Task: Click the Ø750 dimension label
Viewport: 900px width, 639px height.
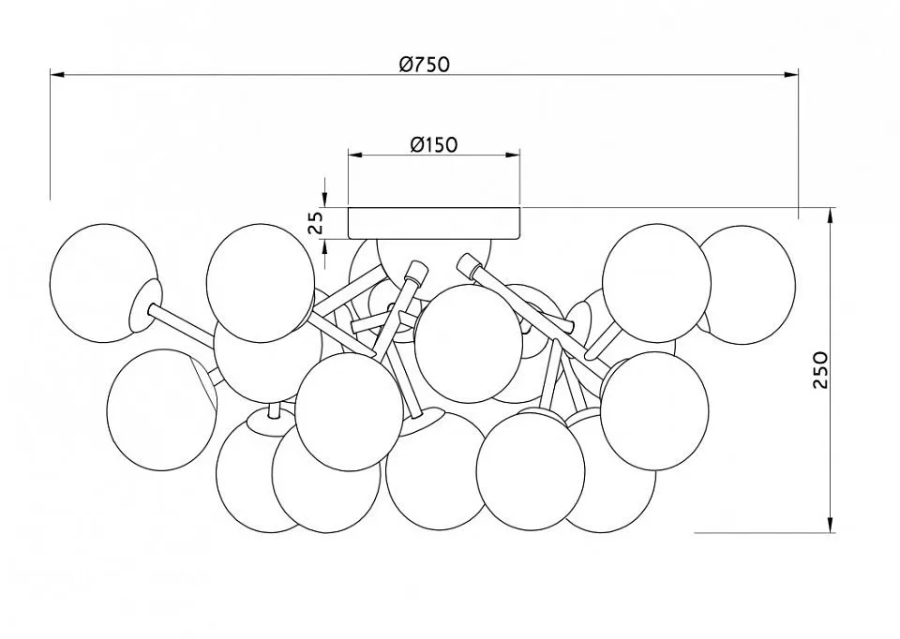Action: [x=425, y=64]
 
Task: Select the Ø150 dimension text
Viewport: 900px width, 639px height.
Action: [x=434, y=144]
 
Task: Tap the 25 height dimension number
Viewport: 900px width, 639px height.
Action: [x=315, y=223]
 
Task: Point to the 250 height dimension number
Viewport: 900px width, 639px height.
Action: [x=821, y=370]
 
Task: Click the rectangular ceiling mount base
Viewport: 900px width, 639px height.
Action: [x=434, y=223]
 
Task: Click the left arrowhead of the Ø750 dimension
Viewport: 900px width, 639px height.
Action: [x=57, y=75]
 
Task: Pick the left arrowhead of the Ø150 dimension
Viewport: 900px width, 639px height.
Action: [x=356, y=155]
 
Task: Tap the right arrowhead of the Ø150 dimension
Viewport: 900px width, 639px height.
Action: [x=513, y=155]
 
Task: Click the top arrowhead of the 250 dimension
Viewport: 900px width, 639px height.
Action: [x=831, y=215]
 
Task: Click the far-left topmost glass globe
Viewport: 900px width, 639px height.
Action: [x=103, y=283]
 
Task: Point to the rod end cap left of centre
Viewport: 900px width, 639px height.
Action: [x=416, y=271]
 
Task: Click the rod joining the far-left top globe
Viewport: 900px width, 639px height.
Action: [x=181, y=323]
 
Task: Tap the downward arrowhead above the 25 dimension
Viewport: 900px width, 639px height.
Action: [x=325, y=200]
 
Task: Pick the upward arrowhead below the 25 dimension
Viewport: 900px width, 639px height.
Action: [x=325, y=246]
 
